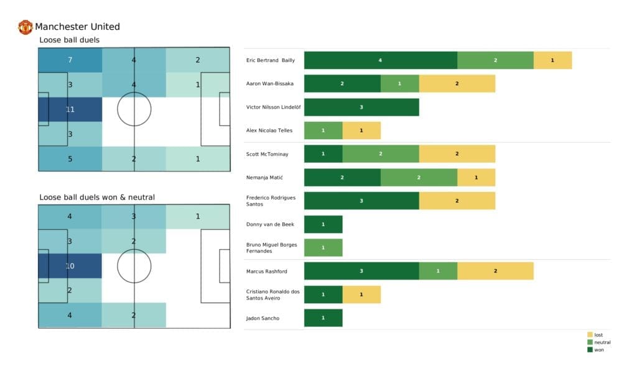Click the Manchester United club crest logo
coord(26,27)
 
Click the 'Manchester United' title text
coord(77,27)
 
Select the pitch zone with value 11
coord(70,109)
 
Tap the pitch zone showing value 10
coord(70,265)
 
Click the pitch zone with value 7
coord(70,60)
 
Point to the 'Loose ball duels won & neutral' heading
coord(97,198)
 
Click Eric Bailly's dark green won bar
coord(380,60)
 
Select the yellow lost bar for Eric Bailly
coord(552,60)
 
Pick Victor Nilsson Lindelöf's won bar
coord(361,107)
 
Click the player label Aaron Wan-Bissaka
coord(270,83)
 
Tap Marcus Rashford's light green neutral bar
coord(438,271)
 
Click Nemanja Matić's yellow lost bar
coord(476,177)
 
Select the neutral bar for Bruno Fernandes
coord(323,247)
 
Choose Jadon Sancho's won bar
coord(323,318)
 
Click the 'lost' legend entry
coord(598,335)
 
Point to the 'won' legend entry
coord(598,350)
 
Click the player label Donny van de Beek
coord(270,224)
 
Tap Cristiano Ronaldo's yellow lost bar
coord(361,294)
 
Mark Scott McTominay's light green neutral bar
coord(380,153)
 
